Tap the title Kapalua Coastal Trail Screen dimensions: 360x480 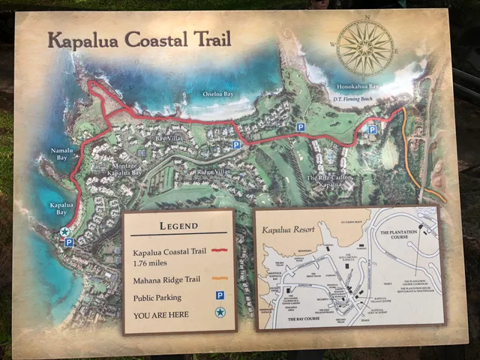[139, 39]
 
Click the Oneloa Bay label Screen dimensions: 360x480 [218, 94]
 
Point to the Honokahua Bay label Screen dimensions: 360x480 [357, 87]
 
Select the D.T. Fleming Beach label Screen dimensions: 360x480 [357, 97]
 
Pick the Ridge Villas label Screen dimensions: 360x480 [213, 172]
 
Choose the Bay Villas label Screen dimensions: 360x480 [169, 138]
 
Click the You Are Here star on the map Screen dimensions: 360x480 [64, 232]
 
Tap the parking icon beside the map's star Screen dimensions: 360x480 [69, 242]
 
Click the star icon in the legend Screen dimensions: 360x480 [220, 312]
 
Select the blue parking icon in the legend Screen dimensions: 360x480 [220, 295]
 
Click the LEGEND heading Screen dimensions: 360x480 [178, 225]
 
